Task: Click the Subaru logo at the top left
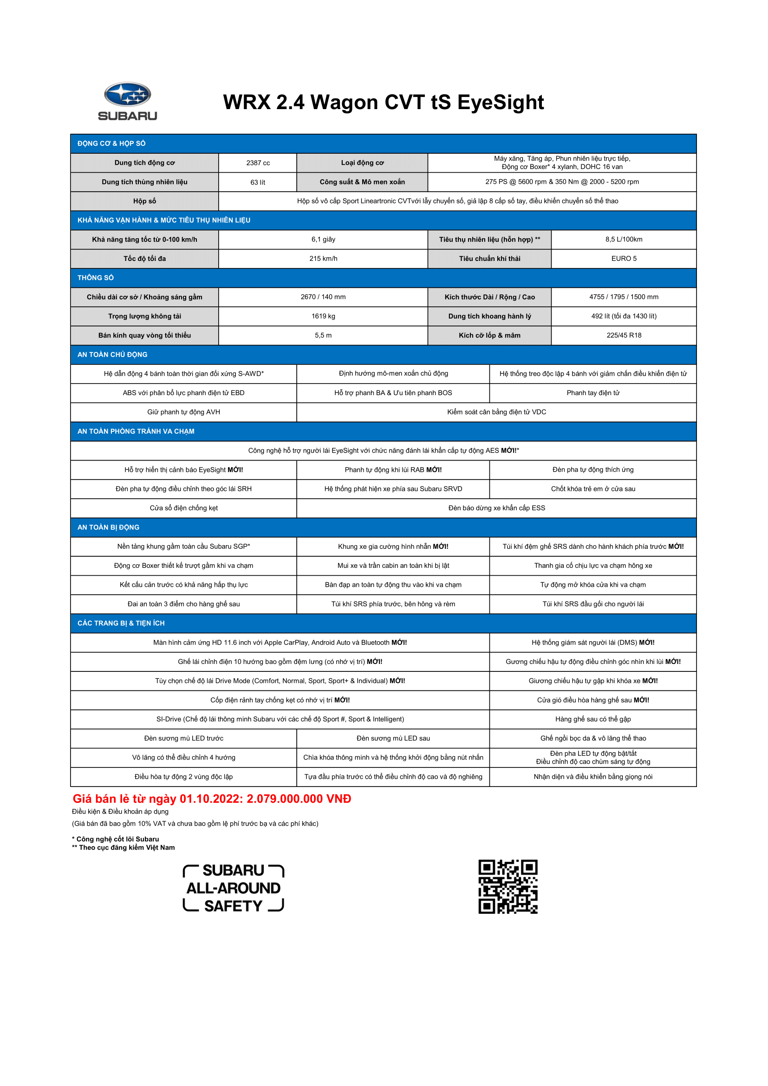tap(127, 101)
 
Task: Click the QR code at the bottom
tap(508, 886)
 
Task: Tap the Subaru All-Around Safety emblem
tap(233, 888)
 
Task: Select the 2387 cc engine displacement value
tap(258, 163)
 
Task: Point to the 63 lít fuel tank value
tap(258, 182)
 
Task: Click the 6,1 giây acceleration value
tap(323, 239)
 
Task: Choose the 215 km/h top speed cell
tap(323, 259)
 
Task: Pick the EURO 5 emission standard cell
tap(623, 259)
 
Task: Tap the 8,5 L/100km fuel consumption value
tap(623, 239)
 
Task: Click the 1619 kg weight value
tap(323, 316)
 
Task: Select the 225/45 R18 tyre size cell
tap(623, 335)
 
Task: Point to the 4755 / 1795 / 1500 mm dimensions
tap(623, 297)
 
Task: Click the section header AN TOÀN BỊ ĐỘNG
tap(108, 527)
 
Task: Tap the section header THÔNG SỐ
tap(96, 278)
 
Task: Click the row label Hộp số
tap(144, 201)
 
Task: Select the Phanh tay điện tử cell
tap(592, 393)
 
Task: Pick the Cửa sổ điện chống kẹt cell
tap(183, 508)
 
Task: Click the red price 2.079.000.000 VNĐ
tap(299, 799)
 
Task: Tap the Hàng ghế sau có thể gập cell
tap(592, 719)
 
